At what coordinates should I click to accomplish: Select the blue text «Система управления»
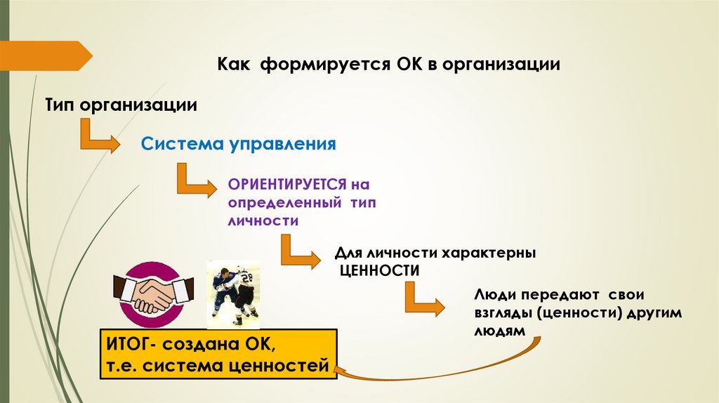click(239, 145)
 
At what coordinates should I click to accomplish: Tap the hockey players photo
click(235, 293)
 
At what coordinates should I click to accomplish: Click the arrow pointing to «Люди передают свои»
click(424, 298)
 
